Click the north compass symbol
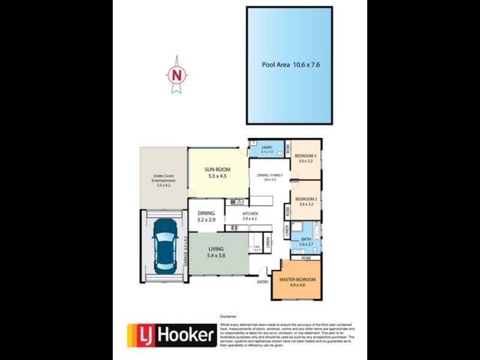click(176, 74)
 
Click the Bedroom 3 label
click(306, 158)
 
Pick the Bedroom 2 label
click(306, 202)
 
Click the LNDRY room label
click(267, 150)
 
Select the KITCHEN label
click(250, 216)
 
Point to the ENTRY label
click(262, 282)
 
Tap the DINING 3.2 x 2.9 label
click(206, 217)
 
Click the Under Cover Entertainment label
click(163, 181)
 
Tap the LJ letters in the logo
click(143, 335)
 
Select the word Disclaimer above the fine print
click(229, 316)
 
